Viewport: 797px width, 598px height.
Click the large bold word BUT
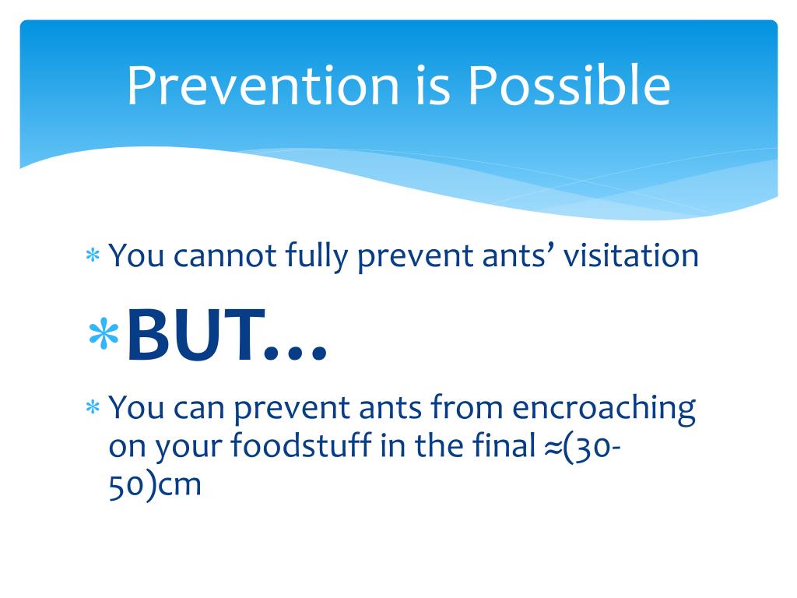pos(196,336)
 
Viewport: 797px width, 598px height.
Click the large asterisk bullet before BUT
pos(104,333)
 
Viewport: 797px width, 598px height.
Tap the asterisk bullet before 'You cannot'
pos(93,255)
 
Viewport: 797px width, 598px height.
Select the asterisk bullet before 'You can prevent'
pos(93,407)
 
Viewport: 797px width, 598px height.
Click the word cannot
pos(225,255)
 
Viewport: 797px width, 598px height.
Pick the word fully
pos(316,255)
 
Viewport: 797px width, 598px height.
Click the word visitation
pos(630,255)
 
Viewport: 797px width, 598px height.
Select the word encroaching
pos(604,408)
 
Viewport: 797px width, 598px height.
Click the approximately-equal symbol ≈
pos(552,448)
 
